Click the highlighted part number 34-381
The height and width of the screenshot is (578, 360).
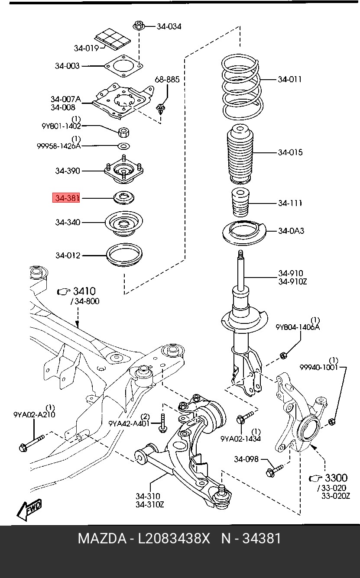(66, 198)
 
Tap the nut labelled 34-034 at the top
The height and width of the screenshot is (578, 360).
(139, 26)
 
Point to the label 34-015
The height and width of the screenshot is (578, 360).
(290, 152)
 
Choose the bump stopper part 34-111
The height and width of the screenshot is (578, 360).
(240, 203)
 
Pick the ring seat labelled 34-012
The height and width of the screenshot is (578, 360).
(124, 255)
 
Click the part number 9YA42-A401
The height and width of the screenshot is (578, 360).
(129, 423)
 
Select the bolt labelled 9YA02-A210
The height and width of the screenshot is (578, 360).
(32, 443)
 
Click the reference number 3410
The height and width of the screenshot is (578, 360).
(84, 291)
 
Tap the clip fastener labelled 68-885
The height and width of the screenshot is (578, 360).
(161, 108)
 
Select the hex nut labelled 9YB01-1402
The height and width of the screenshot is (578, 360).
(124, 132)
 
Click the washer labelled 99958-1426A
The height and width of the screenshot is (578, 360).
(124, 146)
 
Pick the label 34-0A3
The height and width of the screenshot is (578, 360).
(291, 231)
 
